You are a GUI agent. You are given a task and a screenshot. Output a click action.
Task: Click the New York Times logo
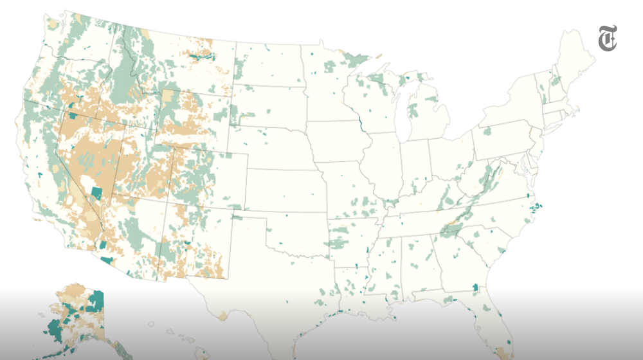608,38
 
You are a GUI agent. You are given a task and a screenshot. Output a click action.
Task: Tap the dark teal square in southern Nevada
97,192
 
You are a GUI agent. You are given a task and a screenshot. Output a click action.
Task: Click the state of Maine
579,58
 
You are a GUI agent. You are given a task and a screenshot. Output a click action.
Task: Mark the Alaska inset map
74,318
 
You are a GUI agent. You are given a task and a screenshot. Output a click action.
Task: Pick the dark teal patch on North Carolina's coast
538,207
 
